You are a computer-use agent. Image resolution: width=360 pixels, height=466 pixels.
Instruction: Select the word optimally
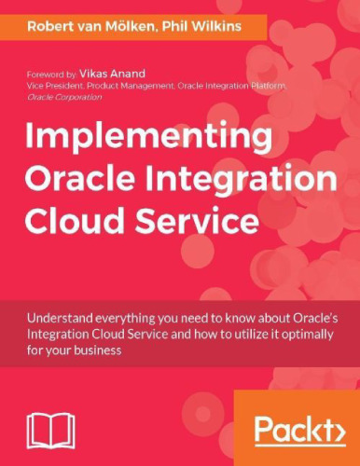[x=309, y=336]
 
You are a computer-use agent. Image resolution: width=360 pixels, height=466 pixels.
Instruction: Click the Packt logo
[x=298, y=431]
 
